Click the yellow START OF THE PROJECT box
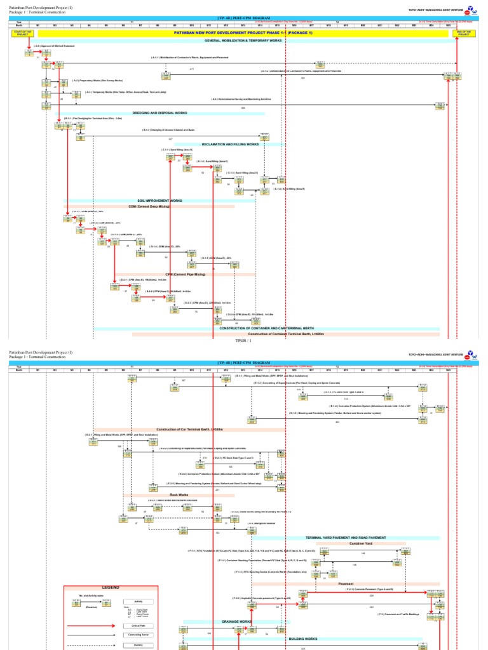(x=21, y=33)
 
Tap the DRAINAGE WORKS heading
(x=236, y=621)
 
